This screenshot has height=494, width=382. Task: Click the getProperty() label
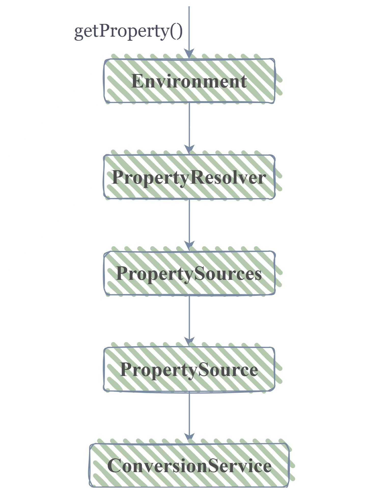[x=128, y=32]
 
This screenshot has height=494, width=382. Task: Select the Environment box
[x=189, y=81]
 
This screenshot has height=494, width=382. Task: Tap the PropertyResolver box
[x=189, y=177]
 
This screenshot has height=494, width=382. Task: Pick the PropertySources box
[x=189, y=273]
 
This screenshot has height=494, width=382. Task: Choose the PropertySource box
[x=189, y=369]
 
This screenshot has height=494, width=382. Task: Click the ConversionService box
[x=189, y=466]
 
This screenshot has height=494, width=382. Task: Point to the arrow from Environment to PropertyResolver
[x=189, y=128]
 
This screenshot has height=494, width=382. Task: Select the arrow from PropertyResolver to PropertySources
[x=189, y=225]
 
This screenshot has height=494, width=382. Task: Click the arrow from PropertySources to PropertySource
[x=189, y=321]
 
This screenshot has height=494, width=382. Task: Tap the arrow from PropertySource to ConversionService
[x=189, y=417]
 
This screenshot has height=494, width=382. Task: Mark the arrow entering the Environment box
[x=189, y=33]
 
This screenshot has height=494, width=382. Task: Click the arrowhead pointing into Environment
[x=189, y=54]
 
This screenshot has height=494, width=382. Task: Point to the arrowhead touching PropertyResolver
[x=189, y=150]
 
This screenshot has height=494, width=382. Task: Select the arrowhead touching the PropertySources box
[x=189, y=246]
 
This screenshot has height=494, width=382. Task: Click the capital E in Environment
[x=137, y=81]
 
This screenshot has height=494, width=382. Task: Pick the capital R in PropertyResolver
[x=197, y=177]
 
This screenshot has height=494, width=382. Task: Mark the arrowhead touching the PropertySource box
[x=189, y=342]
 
